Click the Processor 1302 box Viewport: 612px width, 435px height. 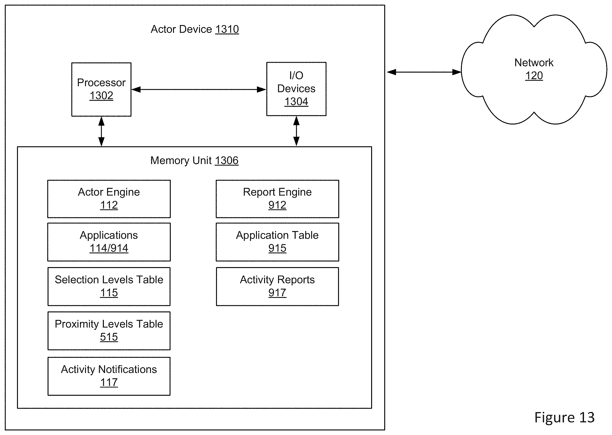click(101, 90)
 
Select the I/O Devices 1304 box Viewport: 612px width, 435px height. click(296, 89)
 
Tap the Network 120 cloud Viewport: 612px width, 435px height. click(534, 69)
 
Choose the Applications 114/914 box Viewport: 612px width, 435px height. click(109, 242)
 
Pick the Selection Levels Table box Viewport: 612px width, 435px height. click(109, 287)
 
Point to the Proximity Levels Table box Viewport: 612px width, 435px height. click(109, 331)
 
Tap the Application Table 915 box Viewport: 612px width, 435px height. click(277, 242)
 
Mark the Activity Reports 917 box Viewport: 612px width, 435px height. click(277, 287)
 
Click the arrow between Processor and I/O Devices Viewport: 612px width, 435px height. click(199, 90)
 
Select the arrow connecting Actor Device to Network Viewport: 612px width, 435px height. click(424, 72)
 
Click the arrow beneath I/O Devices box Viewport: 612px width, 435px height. click(296, 131)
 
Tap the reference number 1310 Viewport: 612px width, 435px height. click(227, 29)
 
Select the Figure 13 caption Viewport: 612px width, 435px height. click(564, 417)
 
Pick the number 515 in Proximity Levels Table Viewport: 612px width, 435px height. click(109, 337)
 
